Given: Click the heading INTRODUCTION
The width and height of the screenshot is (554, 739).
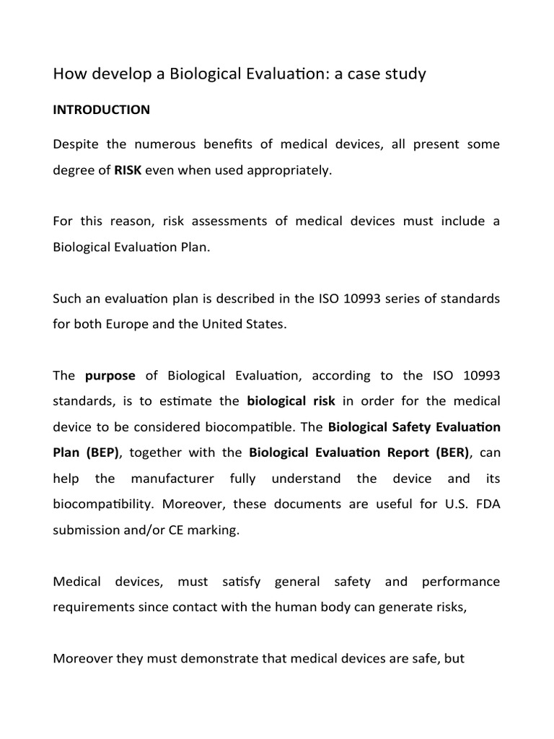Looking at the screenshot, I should point(102,110).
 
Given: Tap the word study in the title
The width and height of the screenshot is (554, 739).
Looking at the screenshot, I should point(404,74).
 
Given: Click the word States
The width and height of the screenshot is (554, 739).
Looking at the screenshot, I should point(267,324).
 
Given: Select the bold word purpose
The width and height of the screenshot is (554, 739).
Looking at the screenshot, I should point(110,375).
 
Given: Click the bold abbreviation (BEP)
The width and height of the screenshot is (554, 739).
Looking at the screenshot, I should point(100,452).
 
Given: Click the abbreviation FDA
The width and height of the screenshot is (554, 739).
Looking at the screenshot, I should point(486,504).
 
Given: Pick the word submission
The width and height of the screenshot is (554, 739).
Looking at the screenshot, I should point(84,530).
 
